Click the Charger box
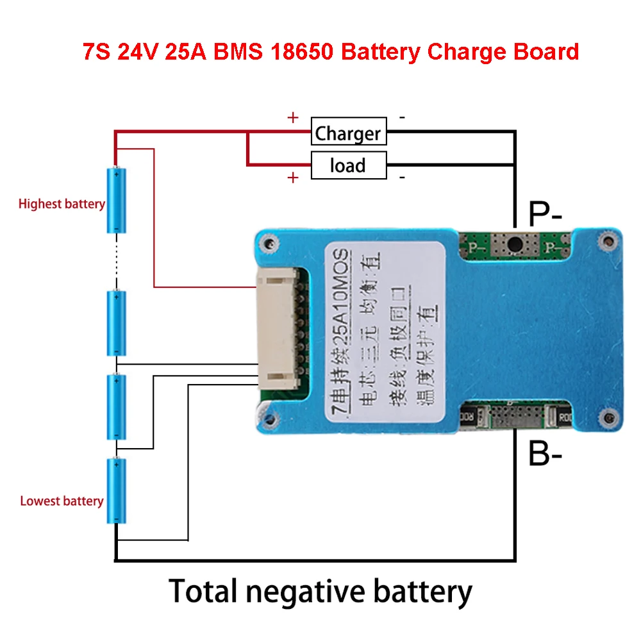point(349,133)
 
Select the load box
point(349,165)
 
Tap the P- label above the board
point(545,213)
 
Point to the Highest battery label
point(62,204)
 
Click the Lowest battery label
point(62,501)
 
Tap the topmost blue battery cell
point(116,200)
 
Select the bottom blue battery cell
point(116,490)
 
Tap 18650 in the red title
point(301,51)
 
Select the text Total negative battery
point(320,590)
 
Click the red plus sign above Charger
point(293,118)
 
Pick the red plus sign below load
point(293,178)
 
